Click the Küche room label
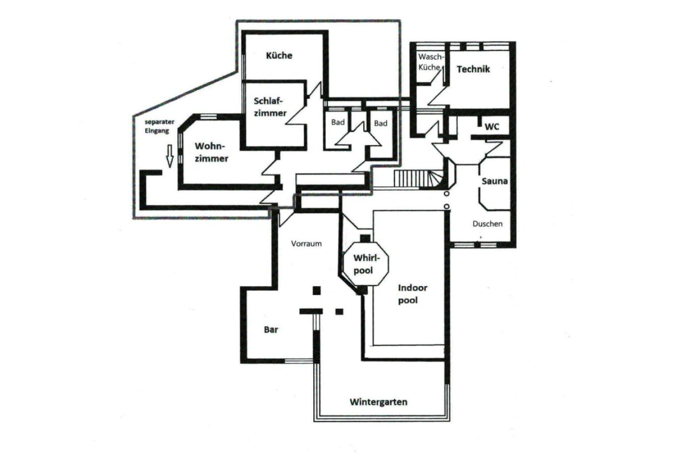(279, 55)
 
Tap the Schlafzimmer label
(270, 107)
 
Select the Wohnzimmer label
(211, 152)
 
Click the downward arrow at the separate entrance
(169, 156)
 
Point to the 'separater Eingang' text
(159, 126)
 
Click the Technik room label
(473, 69)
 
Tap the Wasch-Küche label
(431, 62)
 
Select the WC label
(492, 127)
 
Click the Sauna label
(495, 181)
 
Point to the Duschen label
(487, 224)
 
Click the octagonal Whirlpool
(366, 263)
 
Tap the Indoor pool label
(413, 294)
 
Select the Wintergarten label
(378, 402)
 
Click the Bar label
(271, 329)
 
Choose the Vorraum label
(306, 244)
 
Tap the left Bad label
(338, 122)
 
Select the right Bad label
(381, 123)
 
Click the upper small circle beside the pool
(446, 193)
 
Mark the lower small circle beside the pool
(446, 206)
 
